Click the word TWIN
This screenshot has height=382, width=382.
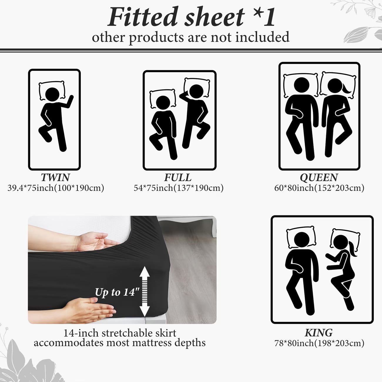(x=55, y=177)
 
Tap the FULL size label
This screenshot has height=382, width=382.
(x=178, y=177)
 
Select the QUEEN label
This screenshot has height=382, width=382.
(x=319, y=177)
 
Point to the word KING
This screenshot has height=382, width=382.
(x=319, y=333)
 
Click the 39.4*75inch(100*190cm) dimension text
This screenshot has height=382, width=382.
(x=56, y=188)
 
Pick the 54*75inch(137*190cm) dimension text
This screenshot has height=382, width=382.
(x=179, y=188)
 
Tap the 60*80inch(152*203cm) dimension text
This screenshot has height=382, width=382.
(x=319, y=188)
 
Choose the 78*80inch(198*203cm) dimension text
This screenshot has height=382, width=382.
(x=319, y=343)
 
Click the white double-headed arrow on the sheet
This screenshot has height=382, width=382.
(x=145, y=291)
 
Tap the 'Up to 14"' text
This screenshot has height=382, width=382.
(x=117, y=292)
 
